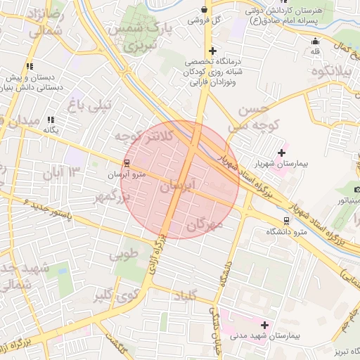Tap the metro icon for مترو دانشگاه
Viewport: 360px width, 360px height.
285,220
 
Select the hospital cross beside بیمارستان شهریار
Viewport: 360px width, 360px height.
282,153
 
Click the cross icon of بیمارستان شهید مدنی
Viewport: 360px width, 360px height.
264,325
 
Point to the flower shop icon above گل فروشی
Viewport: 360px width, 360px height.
204,10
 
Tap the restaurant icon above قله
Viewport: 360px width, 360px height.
314,40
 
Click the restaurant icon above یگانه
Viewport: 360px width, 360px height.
50,120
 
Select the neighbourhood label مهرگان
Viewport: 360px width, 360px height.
205,225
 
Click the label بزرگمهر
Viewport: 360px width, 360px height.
113,198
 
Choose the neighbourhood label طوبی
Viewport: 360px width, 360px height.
127,254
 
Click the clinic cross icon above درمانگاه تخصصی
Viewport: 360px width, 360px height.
212,51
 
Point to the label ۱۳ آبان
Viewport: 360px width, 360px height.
65,172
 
